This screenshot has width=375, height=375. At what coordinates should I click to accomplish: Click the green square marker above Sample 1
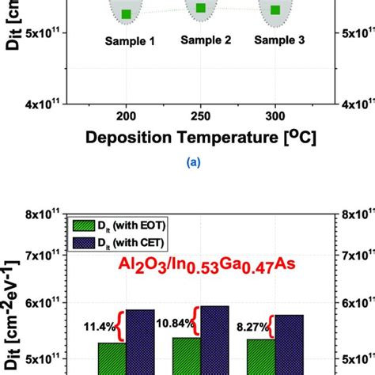[127, 14]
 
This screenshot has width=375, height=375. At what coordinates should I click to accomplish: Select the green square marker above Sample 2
[201, 8]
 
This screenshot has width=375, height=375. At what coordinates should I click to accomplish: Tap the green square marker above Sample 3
[275, 10]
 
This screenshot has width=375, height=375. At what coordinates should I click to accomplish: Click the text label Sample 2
[202, 39]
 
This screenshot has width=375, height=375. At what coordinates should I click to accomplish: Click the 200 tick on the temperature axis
[126, 114]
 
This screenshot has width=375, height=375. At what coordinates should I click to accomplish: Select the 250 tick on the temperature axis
[201, 114]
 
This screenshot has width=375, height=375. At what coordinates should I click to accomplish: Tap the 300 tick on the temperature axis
[275, 114]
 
